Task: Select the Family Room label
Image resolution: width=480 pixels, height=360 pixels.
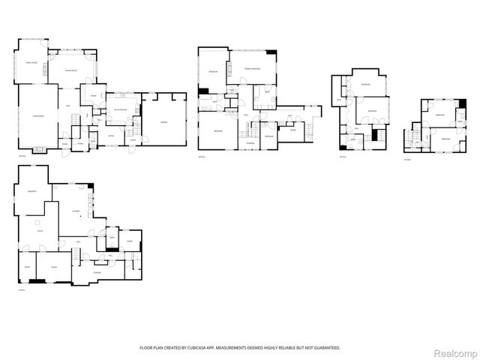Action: tap(31, 62)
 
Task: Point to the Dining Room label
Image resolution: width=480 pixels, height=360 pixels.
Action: tap(72, 70)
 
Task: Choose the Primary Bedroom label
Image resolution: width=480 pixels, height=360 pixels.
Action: tap(252, 68)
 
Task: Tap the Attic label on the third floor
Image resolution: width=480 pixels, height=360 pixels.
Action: tap(339, 100)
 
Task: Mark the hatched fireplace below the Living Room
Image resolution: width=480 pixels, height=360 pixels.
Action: tap(41, 150)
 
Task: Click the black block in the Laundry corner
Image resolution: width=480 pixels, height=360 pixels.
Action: tap(91, 186)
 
